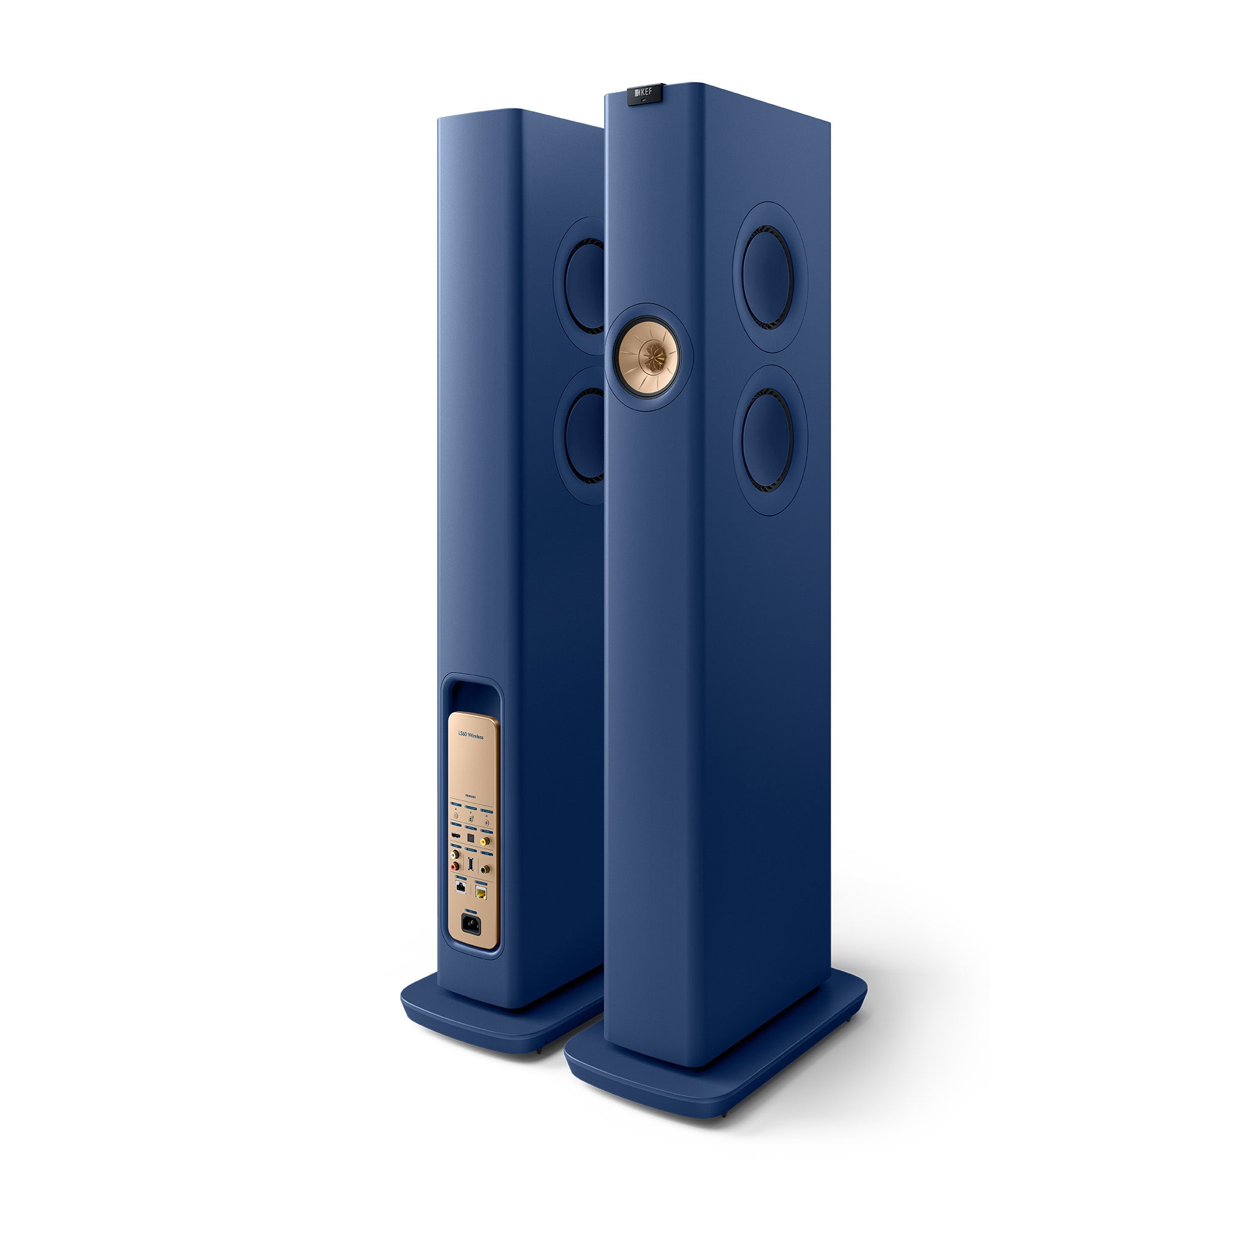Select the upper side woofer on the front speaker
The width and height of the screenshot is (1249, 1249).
coord(767,278)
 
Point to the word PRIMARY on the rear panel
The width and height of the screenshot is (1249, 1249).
coord(471,798)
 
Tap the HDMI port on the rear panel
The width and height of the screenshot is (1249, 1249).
coord(456,836)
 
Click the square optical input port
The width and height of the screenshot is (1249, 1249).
coord(471,839)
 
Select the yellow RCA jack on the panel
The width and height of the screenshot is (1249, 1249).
coord(484,842)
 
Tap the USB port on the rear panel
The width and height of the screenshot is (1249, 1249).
coord(471,864)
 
